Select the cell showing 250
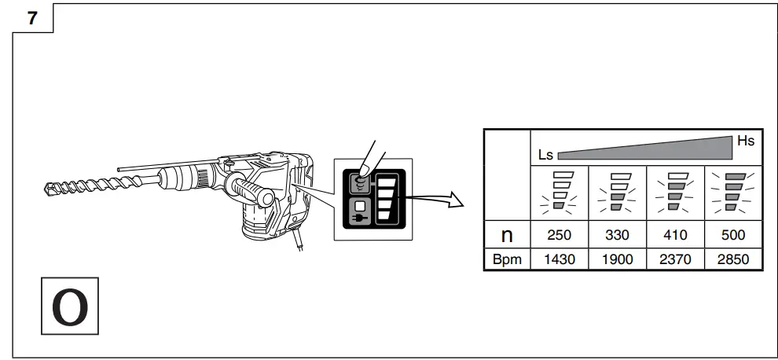coord(559,235)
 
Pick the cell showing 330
coord(617,235)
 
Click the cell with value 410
coord(675,235)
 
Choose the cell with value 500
coord(732,235)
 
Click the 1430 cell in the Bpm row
coord(559,259)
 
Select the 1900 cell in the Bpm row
coord(617,259)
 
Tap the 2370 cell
coord(675,259)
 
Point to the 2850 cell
coord(732,259)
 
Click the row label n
coord(507,234)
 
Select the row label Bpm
coord(507,259)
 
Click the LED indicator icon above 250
coord(559,193)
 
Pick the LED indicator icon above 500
coord(732,193)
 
